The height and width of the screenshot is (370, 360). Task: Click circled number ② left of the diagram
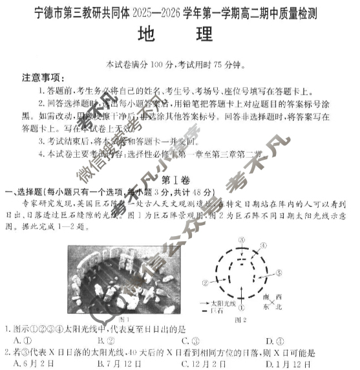pyautogui.click(x=205, y=282)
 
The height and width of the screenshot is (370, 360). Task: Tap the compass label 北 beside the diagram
pyautogui.click(x=279, y=307)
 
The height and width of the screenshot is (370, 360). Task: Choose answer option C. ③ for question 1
pyautogui.click(x=187, y=340)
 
